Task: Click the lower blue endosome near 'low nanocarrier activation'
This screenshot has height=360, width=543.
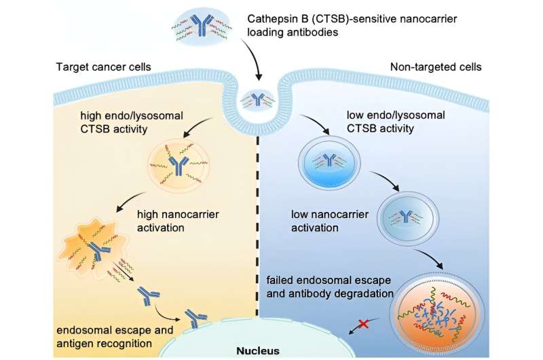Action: pyautogui.click(x=406, y=217)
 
